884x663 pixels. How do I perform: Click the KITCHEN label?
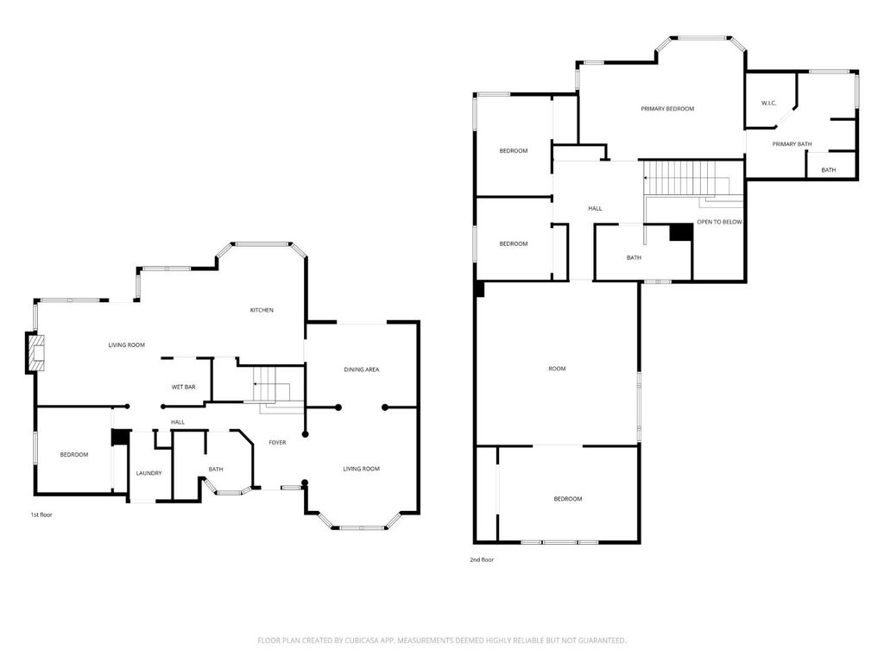pyautogui.click(x=262, y=310)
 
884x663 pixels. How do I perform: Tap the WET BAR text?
pyautogui.click(x=183, y=387)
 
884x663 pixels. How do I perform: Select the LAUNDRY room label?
pyautogui.click(x=149, y=472)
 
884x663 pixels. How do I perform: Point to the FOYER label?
pyautogui.click(x=277, y=442)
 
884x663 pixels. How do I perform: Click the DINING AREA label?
pyautogui.click(x=362, y=369)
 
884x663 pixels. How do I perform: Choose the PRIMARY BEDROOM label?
pyautogui.click(x=667, y=109)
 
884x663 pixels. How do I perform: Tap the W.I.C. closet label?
pyautogui.click(x=768, y=104)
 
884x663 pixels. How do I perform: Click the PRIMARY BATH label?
pyautogui.click(x=792, y=144)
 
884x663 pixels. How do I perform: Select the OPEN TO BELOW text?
pyautogui.click(x=719, y=222)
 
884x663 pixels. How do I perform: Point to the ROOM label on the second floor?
pyautogui.click(x=557, y=369)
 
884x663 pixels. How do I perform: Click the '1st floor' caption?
pyautogui.click(x=41, y=515)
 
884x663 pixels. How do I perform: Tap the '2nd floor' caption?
pyautogui.click(x=482, y=559)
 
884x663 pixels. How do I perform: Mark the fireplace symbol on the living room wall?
pyautogui.click(x=35, y=352)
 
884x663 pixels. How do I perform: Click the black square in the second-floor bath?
pyautogui.click(x=681, y=232)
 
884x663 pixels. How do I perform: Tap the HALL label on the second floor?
pyautogui.click(x=595, y=208)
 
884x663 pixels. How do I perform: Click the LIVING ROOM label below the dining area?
pyautogui.click(x=361, y=469)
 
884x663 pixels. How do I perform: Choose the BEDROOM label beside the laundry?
pyautogui.click(x=73, y=454)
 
